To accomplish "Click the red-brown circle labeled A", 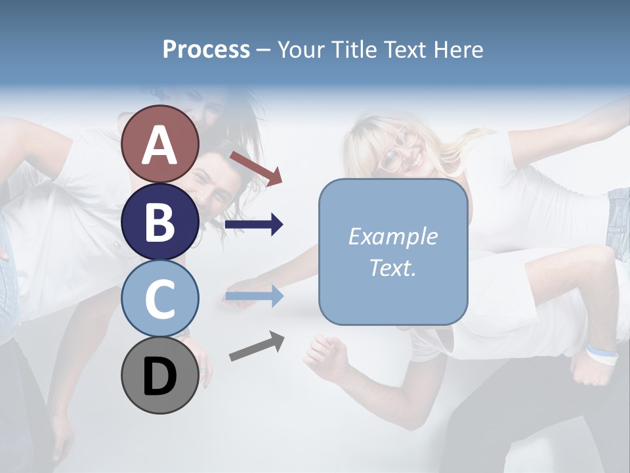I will coord(160,144).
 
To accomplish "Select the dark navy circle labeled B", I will coord(160,221).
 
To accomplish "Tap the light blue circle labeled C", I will coord(160,299).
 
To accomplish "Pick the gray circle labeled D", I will coord(160,376).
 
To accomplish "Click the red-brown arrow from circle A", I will coord(256,168).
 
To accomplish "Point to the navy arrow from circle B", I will coord(253,225).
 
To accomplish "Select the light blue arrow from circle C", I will coord(253,297).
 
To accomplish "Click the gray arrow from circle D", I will coord(257,346).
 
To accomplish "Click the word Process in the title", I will coord(206,49).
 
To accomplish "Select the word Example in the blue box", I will coord(392,236).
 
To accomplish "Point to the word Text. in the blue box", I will coord(392,267).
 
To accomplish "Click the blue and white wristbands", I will coord(602,354).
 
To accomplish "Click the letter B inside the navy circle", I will coord(160,222).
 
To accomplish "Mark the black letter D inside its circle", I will coord(160,377).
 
